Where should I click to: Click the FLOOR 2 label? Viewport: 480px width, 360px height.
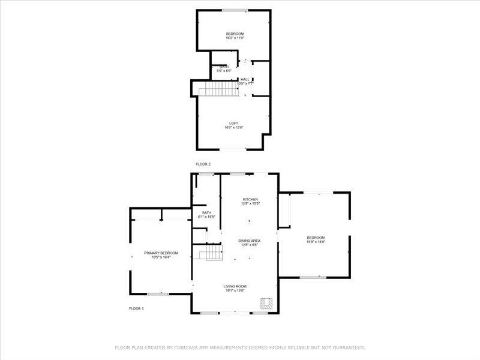[203, 164]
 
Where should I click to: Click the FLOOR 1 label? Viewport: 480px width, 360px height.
[136, 308]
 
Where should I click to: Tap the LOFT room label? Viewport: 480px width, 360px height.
[233, 123]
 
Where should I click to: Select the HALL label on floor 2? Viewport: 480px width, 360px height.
[245, 79]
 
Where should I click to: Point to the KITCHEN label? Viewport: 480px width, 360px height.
[250, 199]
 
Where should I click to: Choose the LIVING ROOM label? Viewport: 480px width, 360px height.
[236, 286]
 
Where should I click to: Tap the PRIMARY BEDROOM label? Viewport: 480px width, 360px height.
[161, 253]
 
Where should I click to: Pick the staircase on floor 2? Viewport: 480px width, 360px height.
[215, 89]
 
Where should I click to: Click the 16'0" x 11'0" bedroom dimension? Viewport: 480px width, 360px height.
[235, 38]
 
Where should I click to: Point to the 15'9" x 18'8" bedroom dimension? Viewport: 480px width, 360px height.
[316, 242]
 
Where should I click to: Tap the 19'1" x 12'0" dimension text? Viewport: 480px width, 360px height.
[236, 290]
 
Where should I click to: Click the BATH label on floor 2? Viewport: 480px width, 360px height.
[224, 67]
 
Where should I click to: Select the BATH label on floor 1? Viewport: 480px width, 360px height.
[206, 212]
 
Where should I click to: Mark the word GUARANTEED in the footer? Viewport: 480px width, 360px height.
[346, 347]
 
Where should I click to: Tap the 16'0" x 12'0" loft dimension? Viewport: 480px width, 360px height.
[233, 127]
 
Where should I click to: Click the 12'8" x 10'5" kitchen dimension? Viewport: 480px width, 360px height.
[250, 203]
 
